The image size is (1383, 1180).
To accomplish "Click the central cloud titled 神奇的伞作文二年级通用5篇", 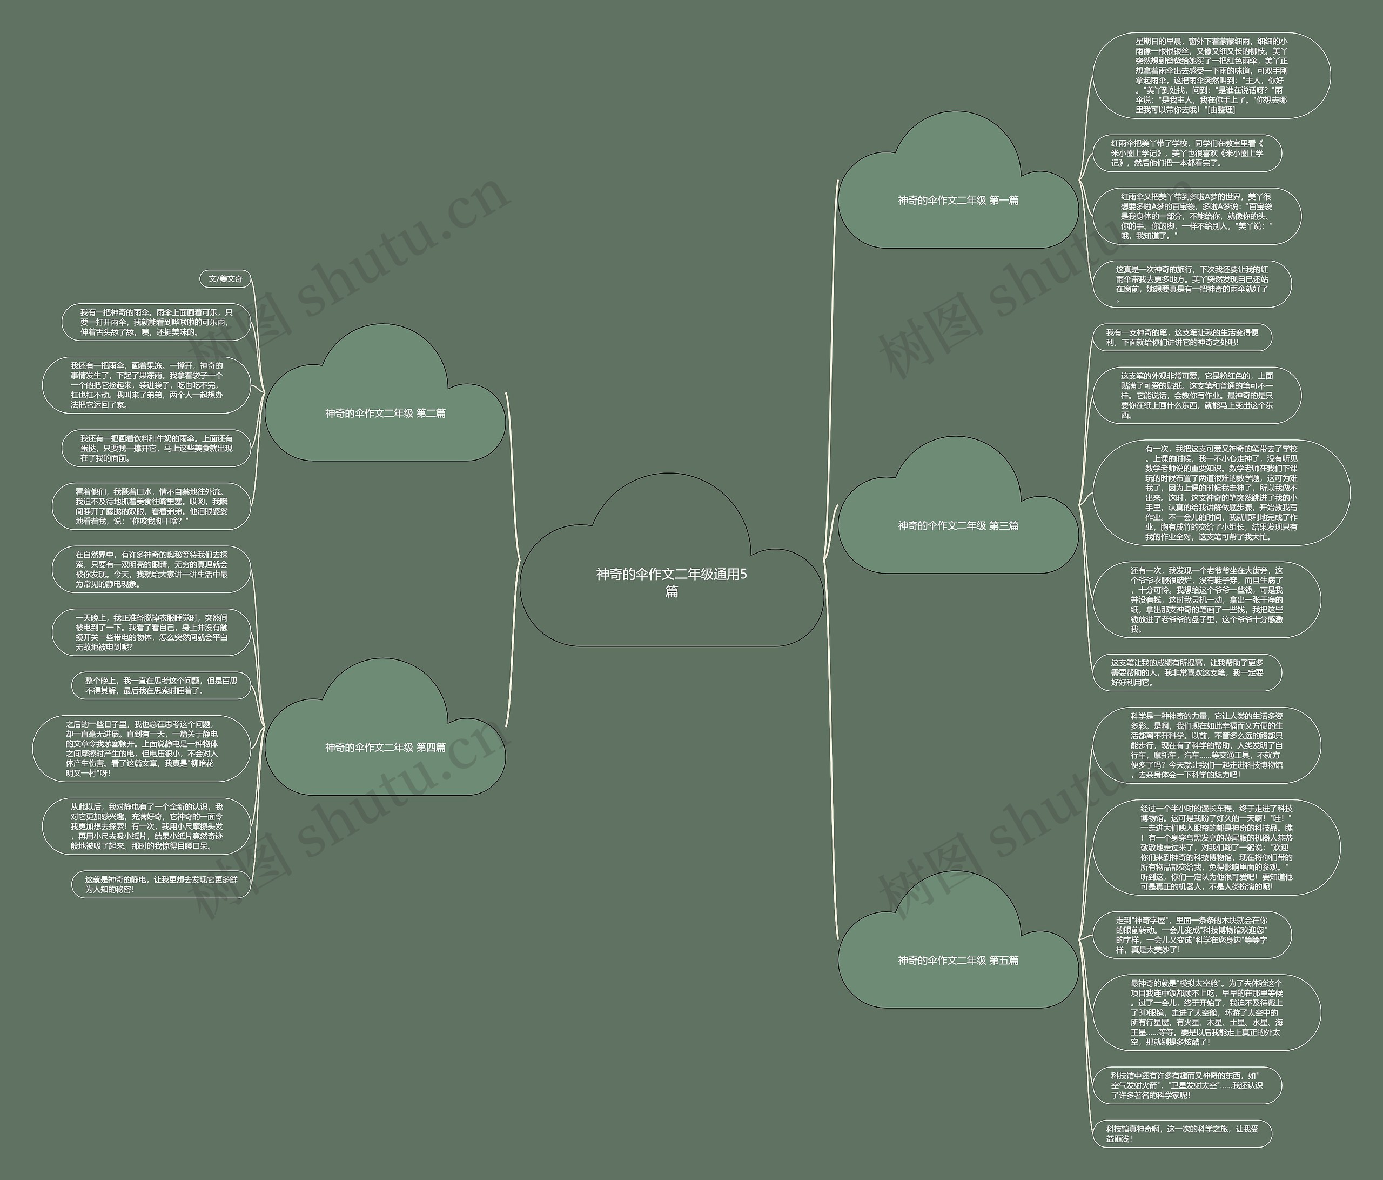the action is click(671, 582).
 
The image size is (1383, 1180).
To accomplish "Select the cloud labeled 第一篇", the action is click(958, 201).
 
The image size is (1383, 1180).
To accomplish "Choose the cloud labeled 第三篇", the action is click(958, 525).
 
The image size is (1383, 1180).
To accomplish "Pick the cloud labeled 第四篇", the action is click(385, 747).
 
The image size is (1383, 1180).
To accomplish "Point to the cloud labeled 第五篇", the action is click(958, 959).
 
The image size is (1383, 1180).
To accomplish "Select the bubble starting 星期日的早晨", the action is click(1211, 76).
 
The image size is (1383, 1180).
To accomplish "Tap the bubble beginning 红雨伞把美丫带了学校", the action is click(1187, 153).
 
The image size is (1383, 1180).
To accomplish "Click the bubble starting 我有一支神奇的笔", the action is click(1181, 337).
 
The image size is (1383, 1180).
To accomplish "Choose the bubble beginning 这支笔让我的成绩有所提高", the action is click(1187, 672).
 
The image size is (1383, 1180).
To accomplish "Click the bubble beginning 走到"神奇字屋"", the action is click(1191, 934).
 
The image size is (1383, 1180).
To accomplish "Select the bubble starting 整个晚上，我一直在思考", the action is click(161, 686).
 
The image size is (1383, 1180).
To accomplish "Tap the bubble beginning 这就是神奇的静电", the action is click(161, 884).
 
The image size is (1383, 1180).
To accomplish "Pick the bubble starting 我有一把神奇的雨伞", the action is click(156, 322).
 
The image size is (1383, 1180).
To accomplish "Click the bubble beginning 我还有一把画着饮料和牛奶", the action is click(156, 448).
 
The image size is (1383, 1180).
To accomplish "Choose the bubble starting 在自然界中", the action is click(151, 569).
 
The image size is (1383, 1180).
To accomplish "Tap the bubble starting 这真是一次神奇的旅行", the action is click(1191, 284).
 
